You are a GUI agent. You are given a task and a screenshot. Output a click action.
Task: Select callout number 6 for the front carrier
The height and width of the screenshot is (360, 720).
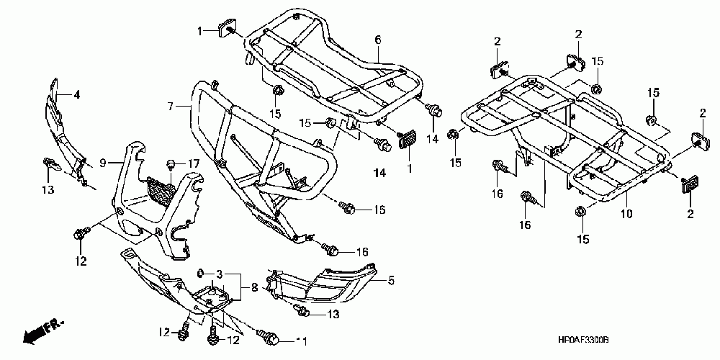[377, 39]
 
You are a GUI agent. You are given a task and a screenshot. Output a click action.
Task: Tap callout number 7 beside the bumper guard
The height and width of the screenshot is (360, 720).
[171, 107]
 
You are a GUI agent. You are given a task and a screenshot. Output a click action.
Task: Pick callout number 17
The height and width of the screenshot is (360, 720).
[194, 164]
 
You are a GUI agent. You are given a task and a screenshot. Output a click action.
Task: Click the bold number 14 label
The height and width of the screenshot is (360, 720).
[379, 173]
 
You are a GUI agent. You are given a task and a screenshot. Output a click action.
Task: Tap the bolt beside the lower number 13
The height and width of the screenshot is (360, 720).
[301, 311]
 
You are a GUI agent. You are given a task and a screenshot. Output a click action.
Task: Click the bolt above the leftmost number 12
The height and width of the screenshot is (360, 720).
[79, 233]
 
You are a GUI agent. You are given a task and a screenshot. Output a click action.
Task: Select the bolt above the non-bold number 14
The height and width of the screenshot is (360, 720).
[433, 110]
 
